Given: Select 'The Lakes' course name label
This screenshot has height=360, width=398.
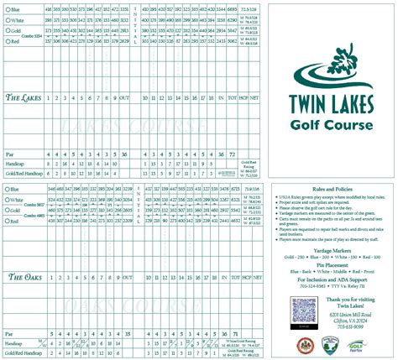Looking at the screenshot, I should click(x=24, y=97).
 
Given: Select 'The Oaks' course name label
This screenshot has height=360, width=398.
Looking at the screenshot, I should click(x=24, y=276).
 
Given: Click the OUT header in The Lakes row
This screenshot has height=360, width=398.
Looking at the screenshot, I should click(x=125, y=98).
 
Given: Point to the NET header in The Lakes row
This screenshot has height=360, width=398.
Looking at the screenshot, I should click(x=255, y=98).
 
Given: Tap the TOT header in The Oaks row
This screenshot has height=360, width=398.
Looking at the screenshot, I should click(x=232, y=276).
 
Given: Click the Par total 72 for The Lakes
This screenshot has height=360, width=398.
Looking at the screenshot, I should click(x=232, y=154).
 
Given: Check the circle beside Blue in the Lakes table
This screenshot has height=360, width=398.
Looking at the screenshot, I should click(x=6, y=8).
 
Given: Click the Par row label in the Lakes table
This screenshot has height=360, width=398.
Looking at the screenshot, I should click(x=9, y=154).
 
